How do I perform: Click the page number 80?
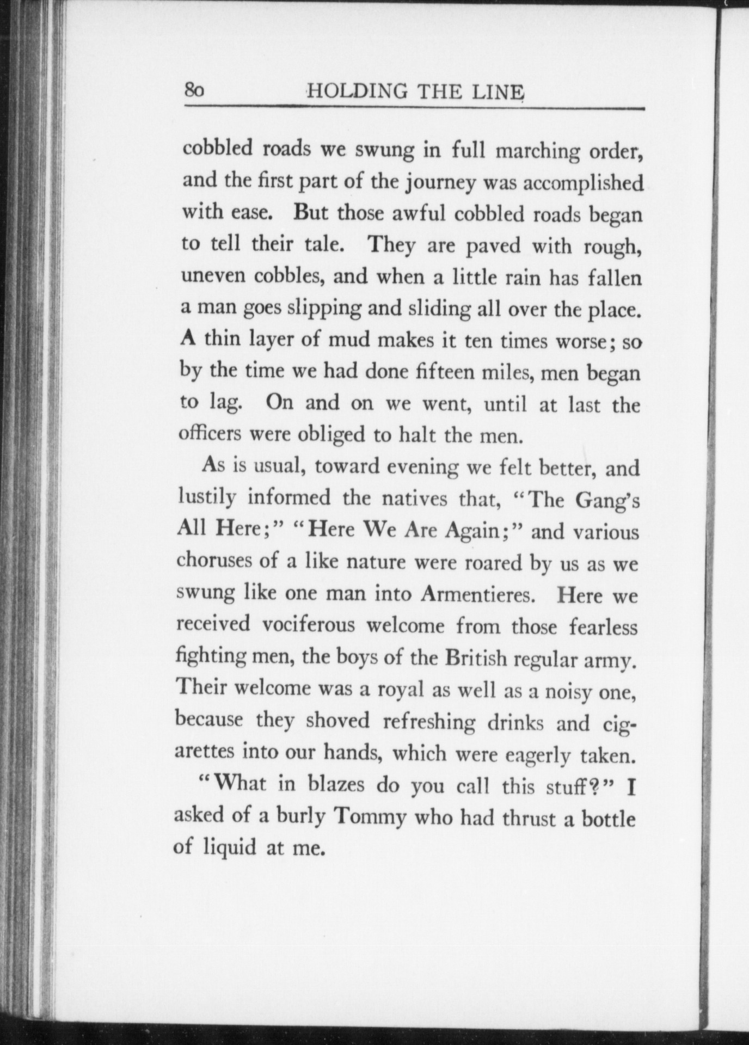point(194,90)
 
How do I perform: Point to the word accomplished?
point(583,183)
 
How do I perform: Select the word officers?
point(210,434)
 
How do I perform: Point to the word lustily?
point(207,497)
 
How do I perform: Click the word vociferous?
point(309,624)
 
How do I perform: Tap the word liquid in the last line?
point(229,847)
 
